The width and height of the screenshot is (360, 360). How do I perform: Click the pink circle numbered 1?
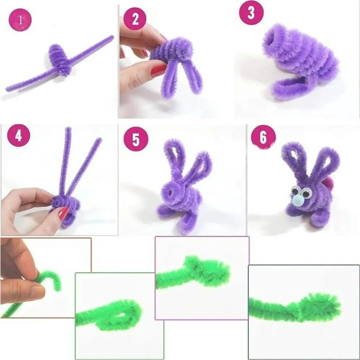[x=20, y=19]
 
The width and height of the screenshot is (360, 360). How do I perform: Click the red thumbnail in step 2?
[x=158, y=70]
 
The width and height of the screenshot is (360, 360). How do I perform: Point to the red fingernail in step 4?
[x=63, y=213]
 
